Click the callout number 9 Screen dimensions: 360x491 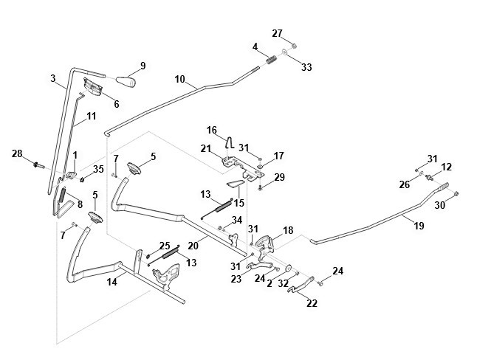(x=143, y=66)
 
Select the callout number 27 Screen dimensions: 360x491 (x=277, y=33)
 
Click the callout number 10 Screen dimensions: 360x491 (x=179, y=79)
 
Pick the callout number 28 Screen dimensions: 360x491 (x=16, y=153)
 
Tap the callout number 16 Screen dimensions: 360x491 (x=212, y=130)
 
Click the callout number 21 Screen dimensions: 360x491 (x=206, y=148)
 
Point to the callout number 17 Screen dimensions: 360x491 (x=279, y=156)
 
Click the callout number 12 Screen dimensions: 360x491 (x=445, y=168)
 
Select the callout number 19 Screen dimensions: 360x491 (x=419, y=226)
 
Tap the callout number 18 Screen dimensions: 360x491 (x=287, y=231)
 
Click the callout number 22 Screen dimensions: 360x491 (x=312, y=302)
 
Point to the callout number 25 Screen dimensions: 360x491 (x=165, y=246)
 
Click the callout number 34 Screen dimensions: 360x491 (x=236, y=220)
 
